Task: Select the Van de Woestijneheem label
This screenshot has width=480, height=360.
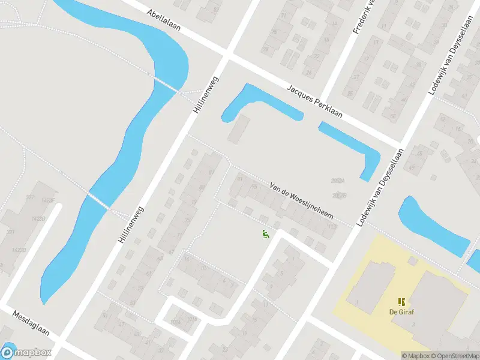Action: pos(301,200)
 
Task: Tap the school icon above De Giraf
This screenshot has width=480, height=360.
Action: pos(401,301)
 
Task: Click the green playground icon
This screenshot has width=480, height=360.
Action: pos(265,234)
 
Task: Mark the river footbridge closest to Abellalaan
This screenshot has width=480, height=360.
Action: pos(164,83)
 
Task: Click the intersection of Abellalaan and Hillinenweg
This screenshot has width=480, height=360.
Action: pos(227,55)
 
